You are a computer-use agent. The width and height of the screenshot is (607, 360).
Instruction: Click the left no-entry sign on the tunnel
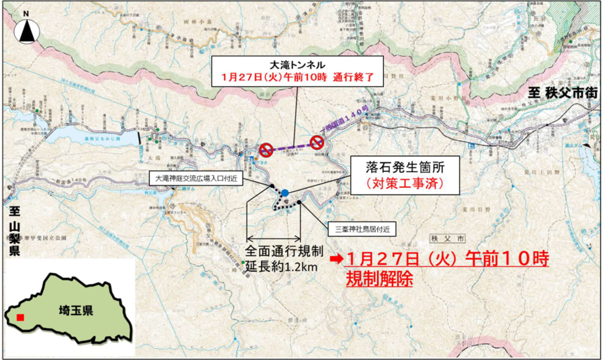(266, 149)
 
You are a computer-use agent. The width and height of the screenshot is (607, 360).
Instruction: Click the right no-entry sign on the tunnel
(317, 141)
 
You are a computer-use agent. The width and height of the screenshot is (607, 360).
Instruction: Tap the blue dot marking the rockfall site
(285, 193)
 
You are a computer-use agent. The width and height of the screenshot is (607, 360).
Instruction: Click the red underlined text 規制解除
(379, 278)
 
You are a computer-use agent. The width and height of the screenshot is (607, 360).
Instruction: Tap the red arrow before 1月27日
(337, 259)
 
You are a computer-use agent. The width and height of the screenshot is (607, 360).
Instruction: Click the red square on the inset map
(20, 318)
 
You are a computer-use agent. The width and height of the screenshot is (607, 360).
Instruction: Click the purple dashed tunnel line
(291, 145)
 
